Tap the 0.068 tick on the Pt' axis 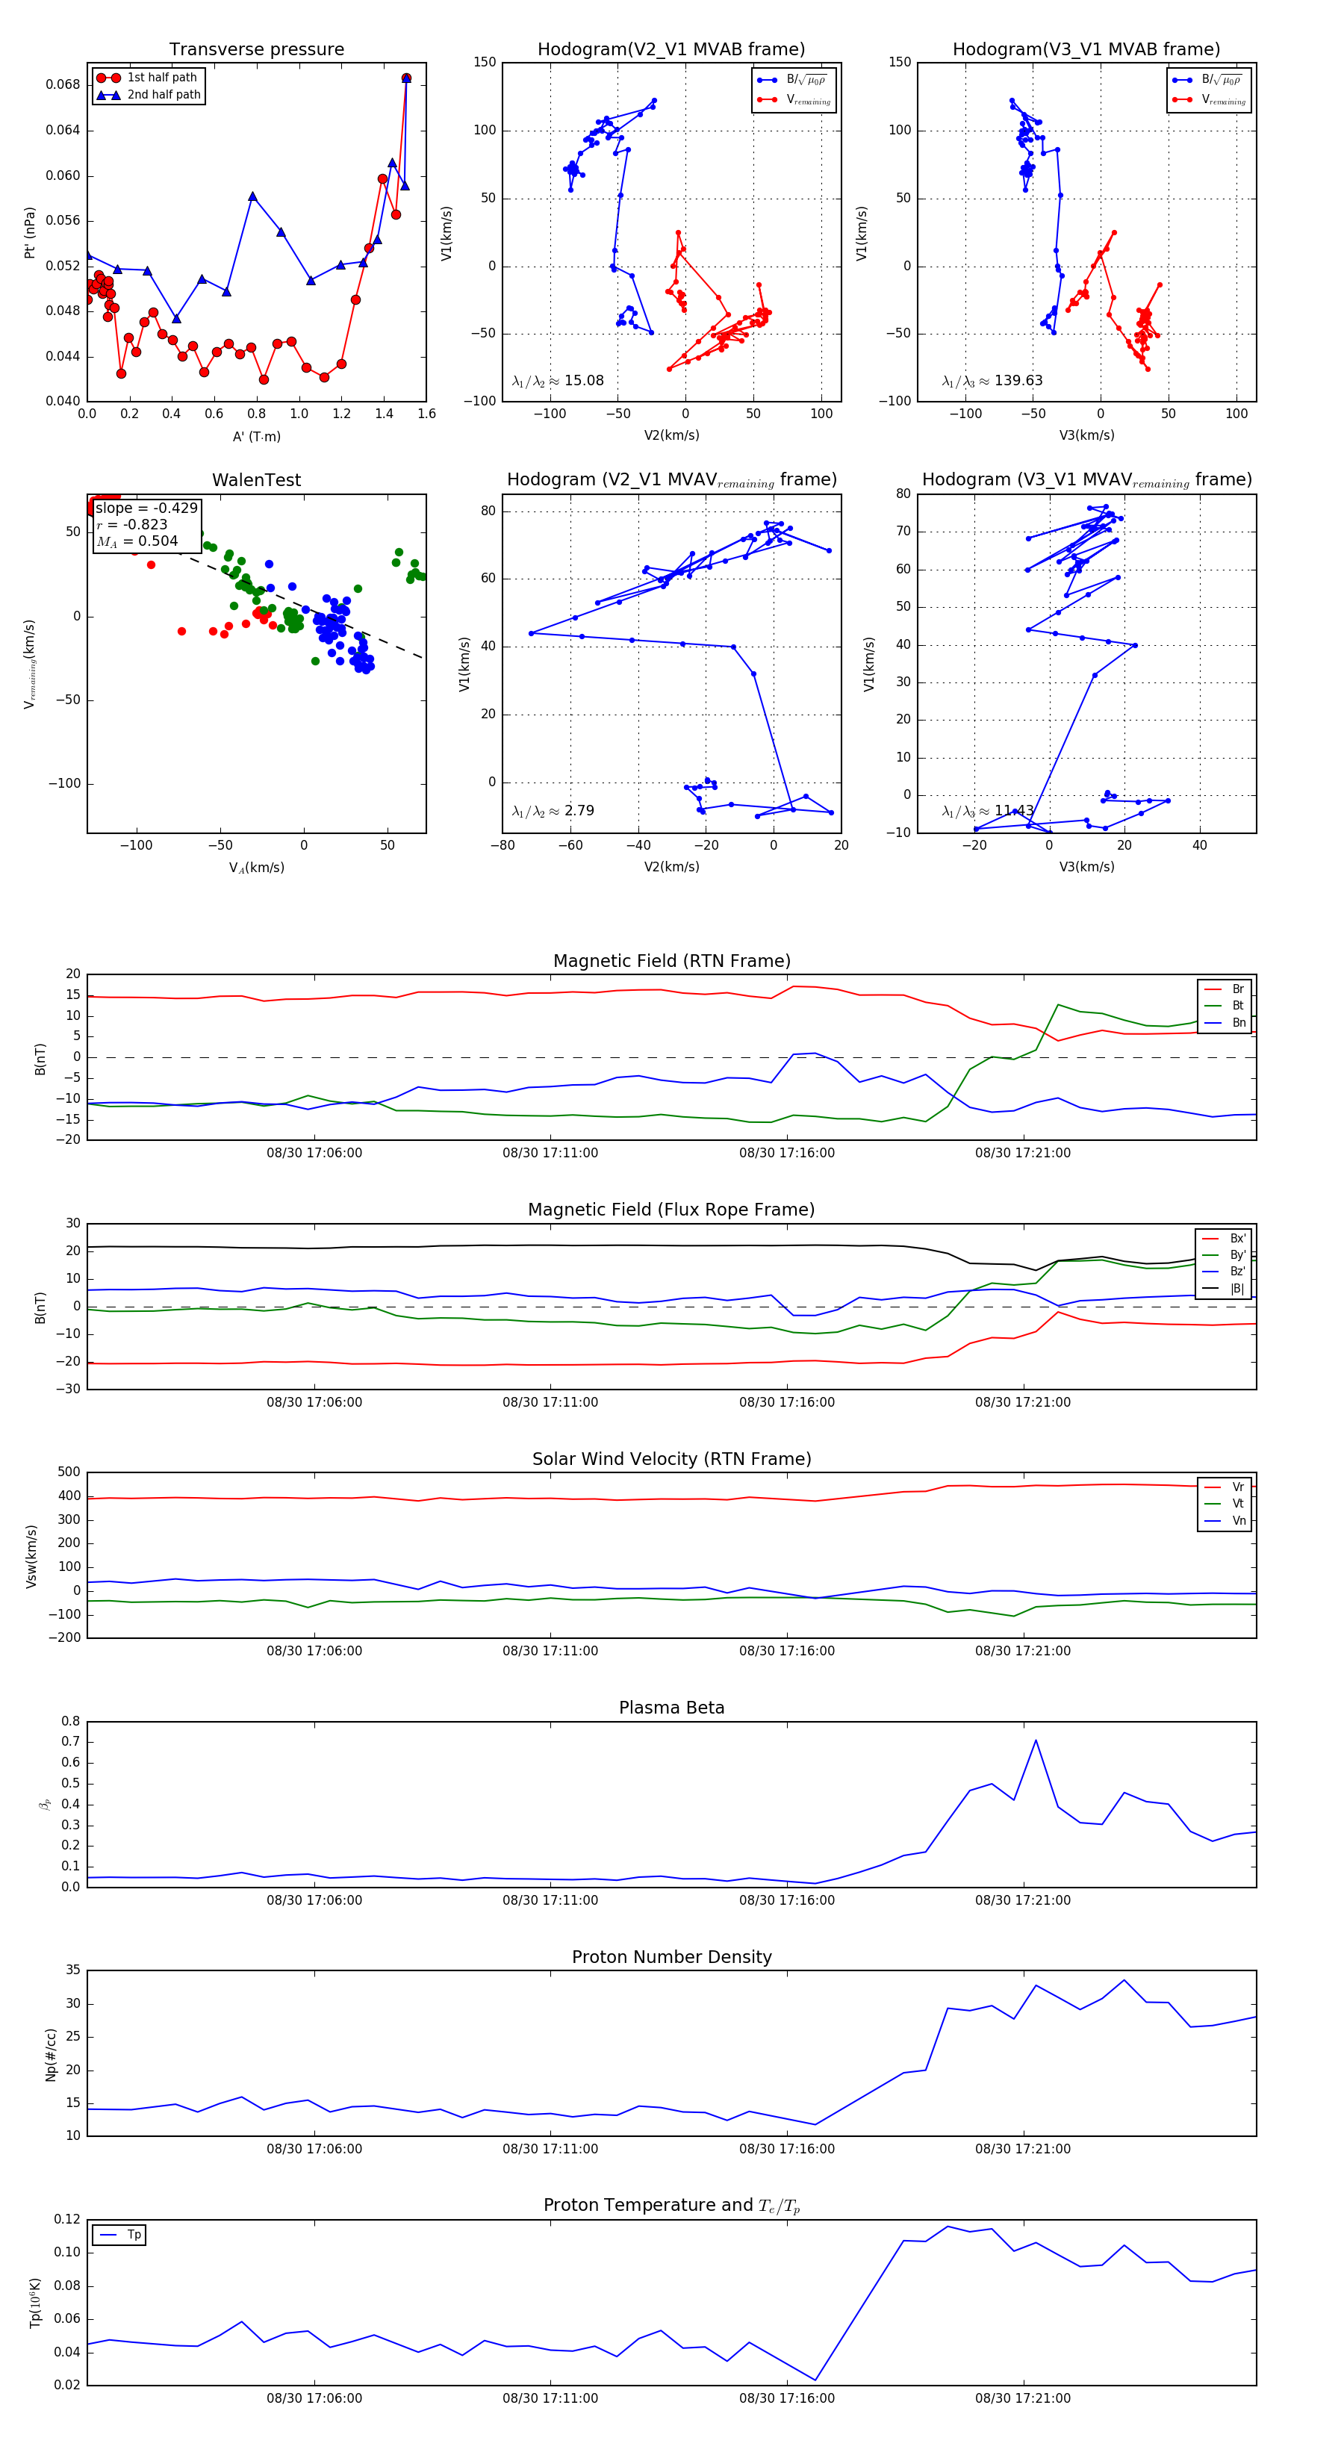coord(63,84)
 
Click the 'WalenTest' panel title coord(256,480)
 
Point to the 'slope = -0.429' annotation coord(146,508)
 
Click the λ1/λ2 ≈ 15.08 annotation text coord(558,381)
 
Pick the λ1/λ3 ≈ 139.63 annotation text coord(992,381)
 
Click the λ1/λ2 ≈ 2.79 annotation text coord(553,811)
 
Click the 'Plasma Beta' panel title coord(671,1708)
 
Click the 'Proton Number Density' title coord(671,1957)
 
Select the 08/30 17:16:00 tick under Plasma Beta coord(786,1900)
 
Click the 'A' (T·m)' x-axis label coord(256,436)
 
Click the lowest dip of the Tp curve coord(815,2380)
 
